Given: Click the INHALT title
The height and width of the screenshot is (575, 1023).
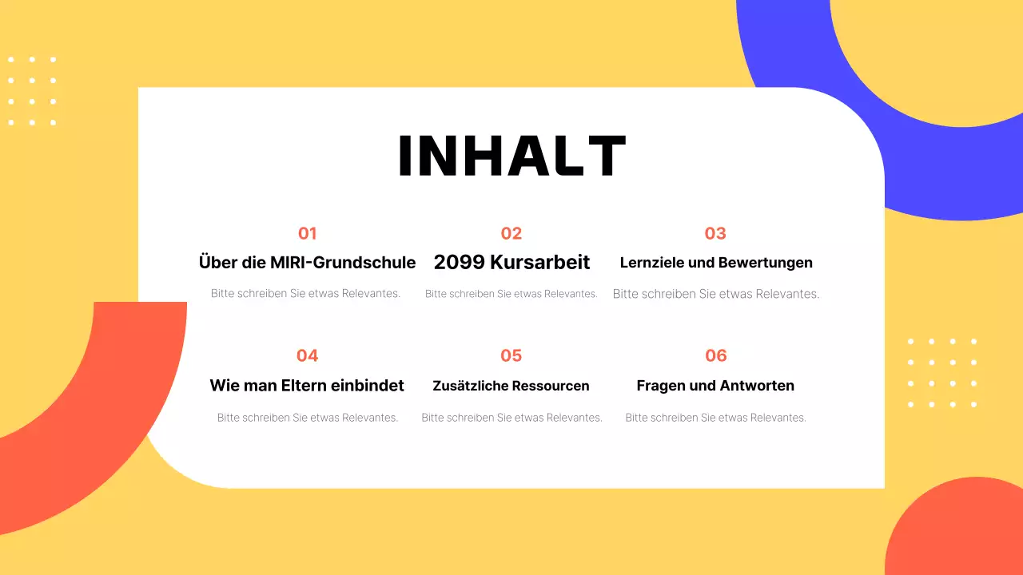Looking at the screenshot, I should click(x=511, y=156).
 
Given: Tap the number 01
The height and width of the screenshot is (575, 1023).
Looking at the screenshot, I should click(x=307, y=233).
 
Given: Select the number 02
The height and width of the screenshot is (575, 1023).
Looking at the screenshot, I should click(x=511, y=233).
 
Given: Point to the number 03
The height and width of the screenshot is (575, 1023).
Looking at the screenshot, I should click(x=715, y=233).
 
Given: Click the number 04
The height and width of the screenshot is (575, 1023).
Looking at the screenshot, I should click(x=307, y=355).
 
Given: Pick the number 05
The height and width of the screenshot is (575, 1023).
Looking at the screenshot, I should click(x=511, y=355).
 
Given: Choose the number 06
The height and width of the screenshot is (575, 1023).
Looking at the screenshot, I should click(x=715, y=355).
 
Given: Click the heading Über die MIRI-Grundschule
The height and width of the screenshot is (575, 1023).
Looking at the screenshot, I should click(x=307, y=262).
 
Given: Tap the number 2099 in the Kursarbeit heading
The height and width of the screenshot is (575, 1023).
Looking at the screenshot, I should click(x=459, y=262).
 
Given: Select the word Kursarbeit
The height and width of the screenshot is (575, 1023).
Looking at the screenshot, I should click(x=540, y=262).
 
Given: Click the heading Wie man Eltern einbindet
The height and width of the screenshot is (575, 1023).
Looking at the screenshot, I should click(x=307, y=386).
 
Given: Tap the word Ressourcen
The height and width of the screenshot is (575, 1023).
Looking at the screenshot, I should click(x=551, y=386).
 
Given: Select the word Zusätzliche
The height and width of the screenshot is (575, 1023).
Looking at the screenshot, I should click(x=470, y=386).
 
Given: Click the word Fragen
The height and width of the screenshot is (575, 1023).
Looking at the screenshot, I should click(x=662, y=386).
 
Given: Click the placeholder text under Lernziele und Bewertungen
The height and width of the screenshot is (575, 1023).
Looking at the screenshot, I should click(x=716, y=294).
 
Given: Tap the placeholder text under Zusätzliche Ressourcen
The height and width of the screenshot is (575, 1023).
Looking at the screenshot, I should click(x=511, y=418).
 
